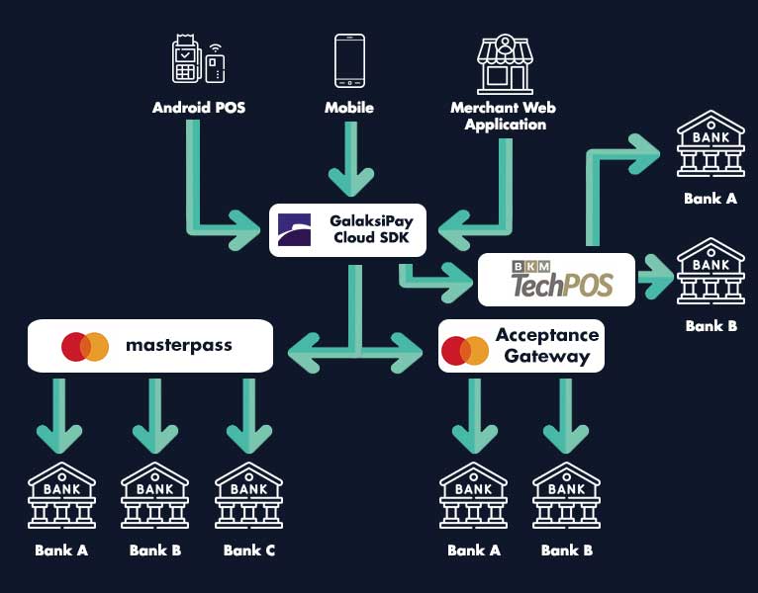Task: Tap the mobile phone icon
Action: point(349,62)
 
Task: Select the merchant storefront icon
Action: point(505,64)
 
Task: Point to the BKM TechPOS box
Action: point(558,280)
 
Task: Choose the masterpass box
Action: point(149,346)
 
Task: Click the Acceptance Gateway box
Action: point(521,346)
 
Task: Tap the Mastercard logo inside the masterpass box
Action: point(85,347)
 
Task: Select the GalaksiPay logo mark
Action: point(294,229)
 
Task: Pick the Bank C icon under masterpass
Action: point(248,495)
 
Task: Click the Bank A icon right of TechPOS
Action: point(710,144)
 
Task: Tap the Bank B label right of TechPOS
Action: point(711,325)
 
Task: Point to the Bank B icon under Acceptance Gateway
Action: point(567,495)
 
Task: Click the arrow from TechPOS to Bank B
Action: point(654,277)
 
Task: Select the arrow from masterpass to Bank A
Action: point(60,415)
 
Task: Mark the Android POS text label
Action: point(198,108)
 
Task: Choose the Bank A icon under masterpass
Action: point(61,495)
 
